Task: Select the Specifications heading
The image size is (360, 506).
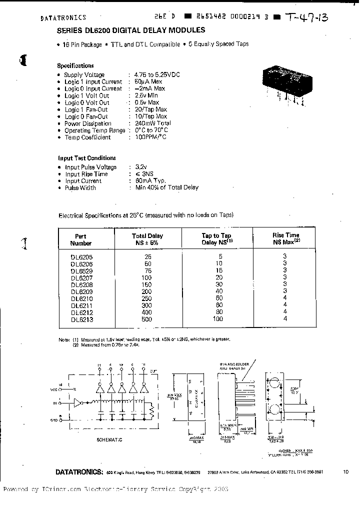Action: pos(75,65)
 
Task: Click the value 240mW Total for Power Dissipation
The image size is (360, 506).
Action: pos(153,123)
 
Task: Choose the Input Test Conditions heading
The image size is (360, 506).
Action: pos(87,158)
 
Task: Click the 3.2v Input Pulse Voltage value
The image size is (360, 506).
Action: pos(141,167)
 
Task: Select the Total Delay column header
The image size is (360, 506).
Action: pos(147,239)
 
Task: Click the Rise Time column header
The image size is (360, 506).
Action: pos(285,238)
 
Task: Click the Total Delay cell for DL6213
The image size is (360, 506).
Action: pos(147,319)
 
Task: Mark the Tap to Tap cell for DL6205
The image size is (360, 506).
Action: pos(217,256)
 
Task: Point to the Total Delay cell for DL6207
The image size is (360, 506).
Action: pos(147,277)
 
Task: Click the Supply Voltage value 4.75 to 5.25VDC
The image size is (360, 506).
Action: pos(157,74)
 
